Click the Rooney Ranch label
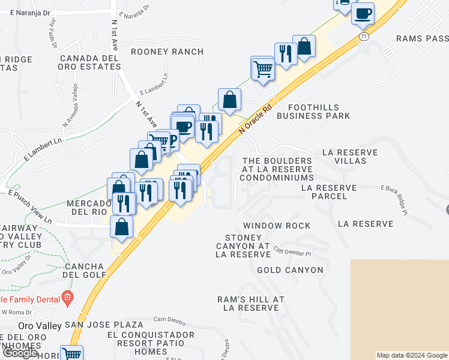(x=167, y=52)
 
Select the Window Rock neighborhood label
(x=277, y=226)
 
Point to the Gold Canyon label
(x=290, y=270)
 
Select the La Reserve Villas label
(x=349, y=157)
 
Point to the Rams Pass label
(x=422, y=38)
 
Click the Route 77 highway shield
(x=364, y=37)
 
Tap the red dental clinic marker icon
(x=67, y=298)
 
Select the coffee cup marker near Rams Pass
(x=363, y=13)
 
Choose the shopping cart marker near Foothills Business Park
(x=263, y=69)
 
